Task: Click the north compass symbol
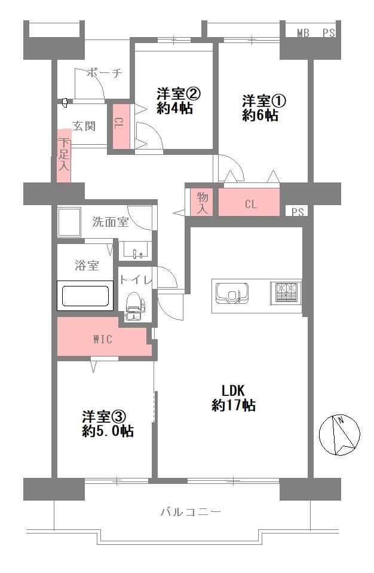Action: (x=340, y=434)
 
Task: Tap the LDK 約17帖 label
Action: (x=234, y=396)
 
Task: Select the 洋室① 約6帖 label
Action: (x=260, y=108)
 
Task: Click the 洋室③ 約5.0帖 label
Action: (x=107, y=423)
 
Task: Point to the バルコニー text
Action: (x=191, y=512)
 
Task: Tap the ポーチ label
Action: (x=104, y=74)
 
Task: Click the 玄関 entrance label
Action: (x=84, y=126)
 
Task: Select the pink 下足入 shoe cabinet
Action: (x=64, y=156)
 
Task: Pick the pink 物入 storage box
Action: (x=203, y=203)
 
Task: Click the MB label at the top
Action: (x=303, y=33)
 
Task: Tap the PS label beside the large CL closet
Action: (x=298, y=212)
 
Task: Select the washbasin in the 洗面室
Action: (x=135, y=251)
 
